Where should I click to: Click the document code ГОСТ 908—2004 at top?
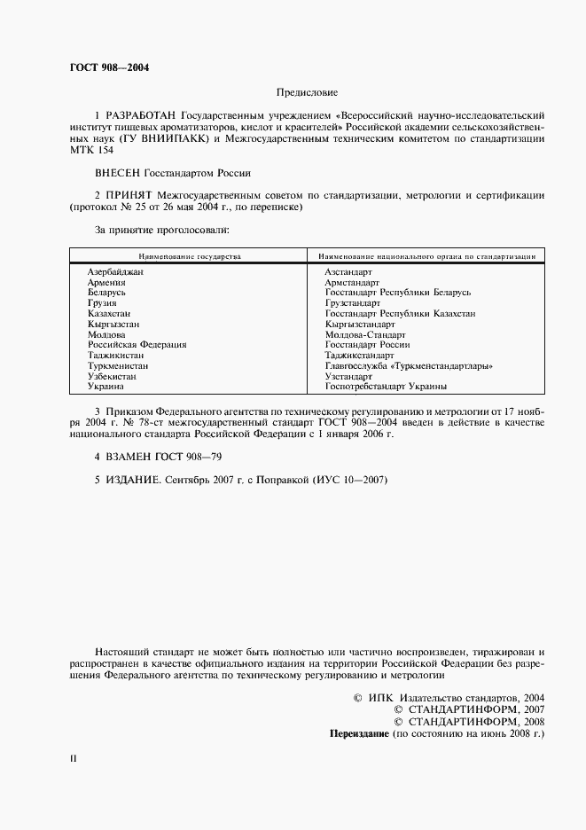pos(109,67)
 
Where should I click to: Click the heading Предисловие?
pos(307,92)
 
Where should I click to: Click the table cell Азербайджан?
pos(115,271)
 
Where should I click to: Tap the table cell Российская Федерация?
pos(137,345)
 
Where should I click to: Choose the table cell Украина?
pos(105,387)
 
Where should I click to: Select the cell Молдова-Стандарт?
pos(365,335)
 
